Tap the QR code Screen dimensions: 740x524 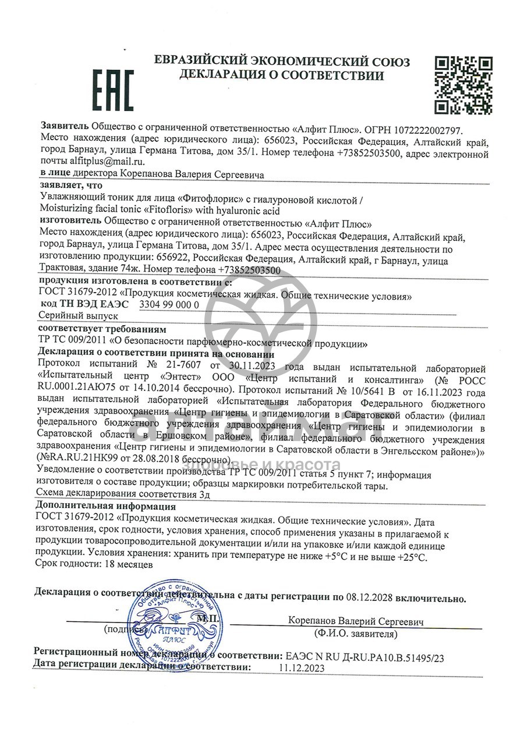click(464, 85)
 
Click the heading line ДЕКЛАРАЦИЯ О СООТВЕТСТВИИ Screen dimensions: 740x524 click(281, 75)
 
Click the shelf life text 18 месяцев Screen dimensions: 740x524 click(128, 564)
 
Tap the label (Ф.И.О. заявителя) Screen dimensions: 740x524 click(355, 634)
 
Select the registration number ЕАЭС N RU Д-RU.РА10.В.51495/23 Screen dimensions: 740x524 click(362, 657)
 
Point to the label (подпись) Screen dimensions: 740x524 click(123, 629)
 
